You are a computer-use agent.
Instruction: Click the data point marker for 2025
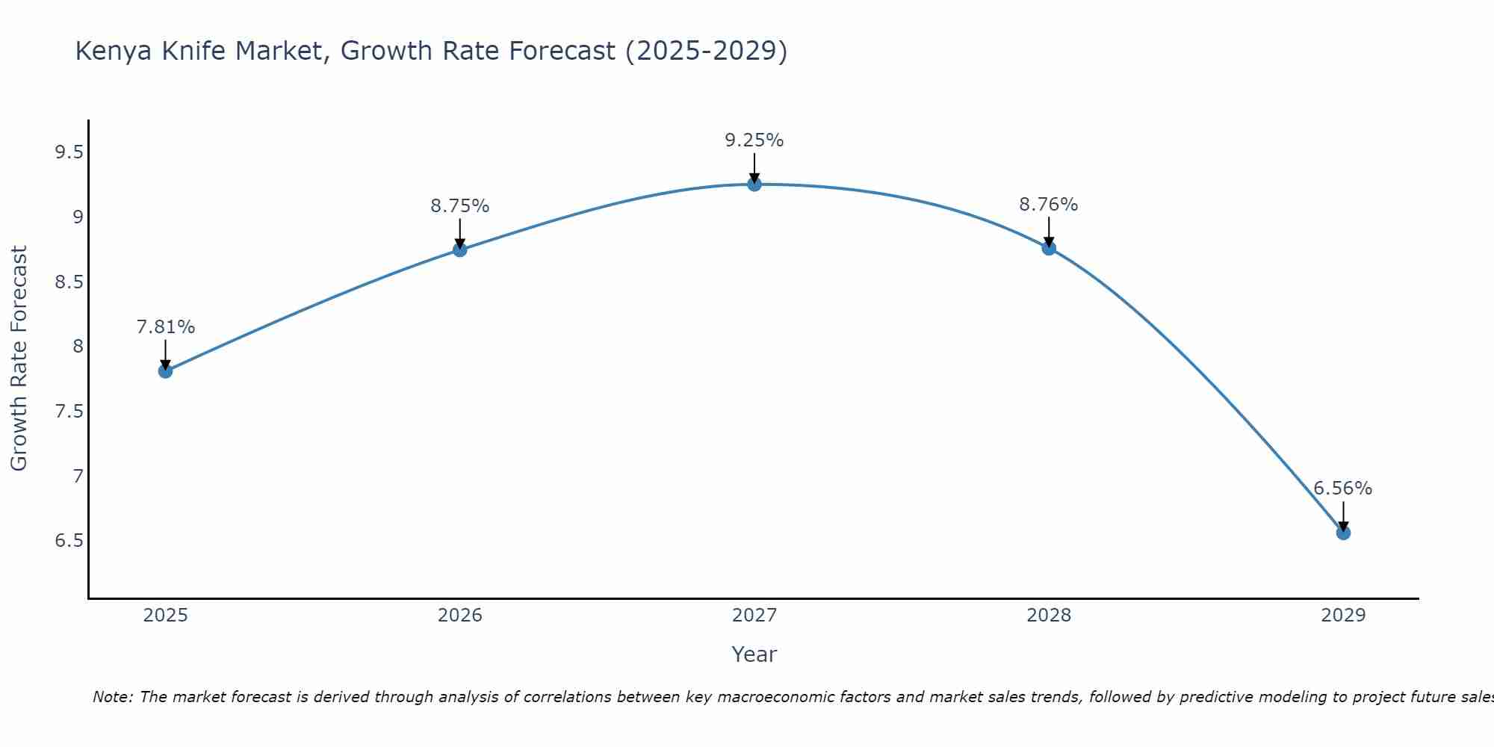coord(166,371)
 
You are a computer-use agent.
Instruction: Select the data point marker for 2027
coord(754,185)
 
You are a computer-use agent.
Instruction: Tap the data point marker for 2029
coord(1343,533)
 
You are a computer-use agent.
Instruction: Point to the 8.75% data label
coord(459,206)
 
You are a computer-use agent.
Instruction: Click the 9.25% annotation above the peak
coord(754,140)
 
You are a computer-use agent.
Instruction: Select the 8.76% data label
coord(1048,205)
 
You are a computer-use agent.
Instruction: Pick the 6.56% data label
coord(1342,489)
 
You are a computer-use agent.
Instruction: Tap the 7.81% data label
coord(166,327)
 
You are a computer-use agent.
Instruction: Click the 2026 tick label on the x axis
coord(459,616)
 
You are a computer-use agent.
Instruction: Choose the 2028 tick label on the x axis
coord(1048,616)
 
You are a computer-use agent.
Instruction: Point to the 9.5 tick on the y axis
coord(69,153)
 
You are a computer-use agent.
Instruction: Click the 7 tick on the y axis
coord(78,476)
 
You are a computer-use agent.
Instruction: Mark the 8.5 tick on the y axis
coord(69,282)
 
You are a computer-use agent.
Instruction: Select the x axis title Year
coord(754,654)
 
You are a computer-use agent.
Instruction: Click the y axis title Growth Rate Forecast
coord(19,359)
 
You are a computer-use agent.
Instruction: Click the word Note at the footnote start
coord(112,697)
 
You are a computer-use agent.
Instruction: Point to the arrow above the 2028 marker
coord(1049,232)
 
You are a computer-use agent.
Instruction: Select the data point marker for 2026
coord(460,249)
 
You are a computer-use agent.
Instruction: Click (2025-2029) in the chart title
coord(706,52)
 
